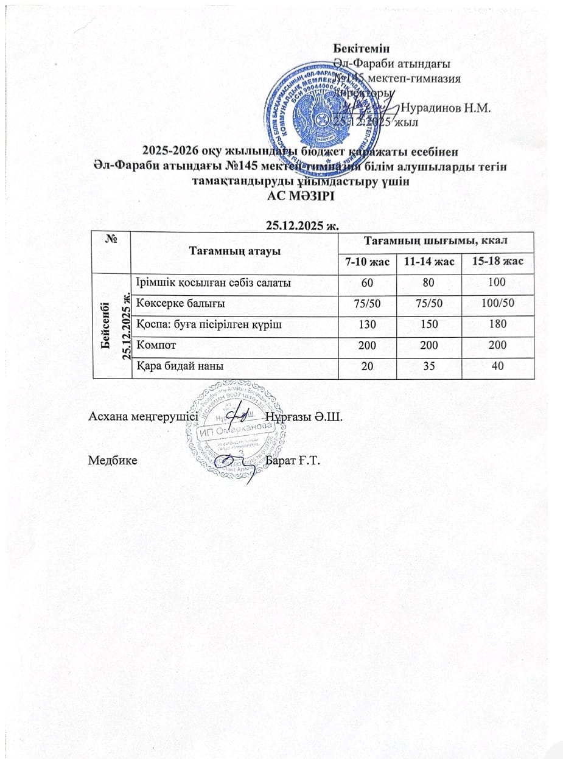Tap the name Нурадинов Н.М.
pyautogui.click(x=447, y=108)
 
